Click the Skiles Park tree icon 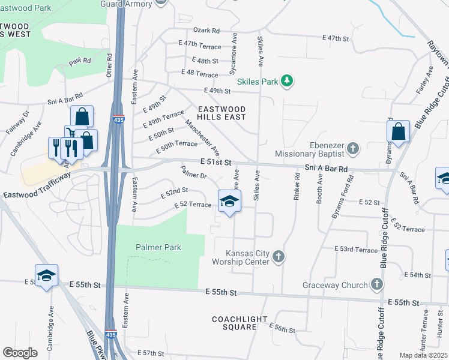(x=287, y=81)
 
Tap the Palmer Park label (x=158, y=247)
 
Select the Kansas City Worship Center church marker (x=278, y=257)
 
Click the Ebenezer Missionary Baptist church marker (x=353, y=148)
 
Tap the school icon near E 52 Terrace (x=229, y=202)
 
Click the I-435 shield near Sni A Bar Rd (x=118, y=120)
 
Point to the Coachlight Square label (x=235, y=323)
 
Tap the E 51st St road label (x=216, y=161)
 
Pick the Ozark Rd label (x=206, y=31)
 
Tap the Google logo (x=20, y=353)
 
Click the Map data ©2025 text (x=423, y=355)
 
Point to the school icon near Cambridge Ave (x=46, y=275)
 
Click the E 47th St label (x=336, y=38)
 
